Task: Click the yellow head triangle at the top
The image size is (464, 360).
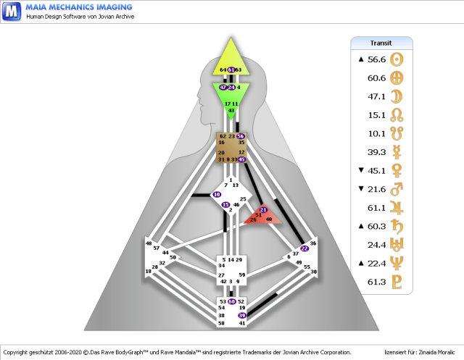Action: click(x=231, y=56)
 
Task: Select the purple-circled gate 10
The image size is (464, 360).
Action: click(x=217, y=195)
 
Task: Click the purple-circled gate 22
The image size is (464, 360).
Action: click(x=304, y=248)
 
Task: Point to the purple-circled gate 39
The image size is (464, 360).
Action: click(x=242, y=316)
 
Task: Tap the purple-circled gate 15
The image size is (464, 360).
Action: click(x=225, y=205)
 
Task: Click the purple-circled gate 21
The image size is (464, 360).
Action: click(x=263, y=209)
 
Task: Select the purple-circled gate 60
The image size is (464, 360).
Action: click(x=231, y=301)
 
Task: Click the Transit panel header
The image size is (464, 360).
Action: click(x=381, y=43)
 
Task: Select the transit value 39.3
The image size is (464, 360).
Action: click(x=376, y=152)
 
